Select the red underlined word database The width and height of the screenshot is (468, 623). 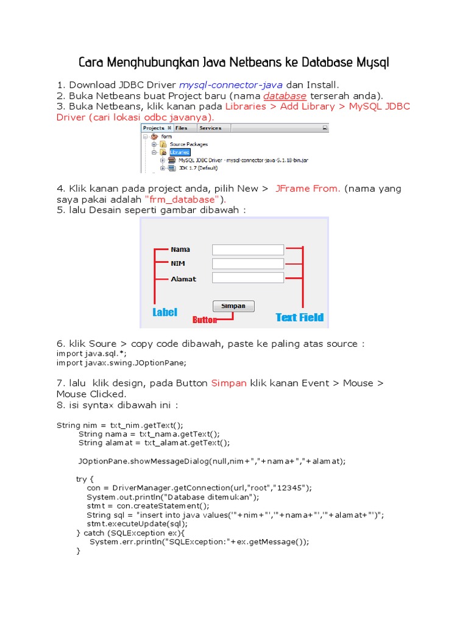(285, 96)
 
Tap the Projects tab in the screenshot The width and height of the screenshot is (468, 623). (154, 128)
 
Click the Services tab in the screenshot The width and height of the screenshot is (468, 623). (210, 128)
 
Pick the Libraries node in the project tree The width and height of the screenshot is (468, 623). (180, 152)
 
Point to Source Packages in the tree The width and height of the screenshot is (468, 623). (188, 144)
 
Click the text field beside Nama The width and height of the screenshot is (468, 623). (247, 249)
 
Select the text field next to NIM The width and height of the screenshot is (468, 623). (247, 263)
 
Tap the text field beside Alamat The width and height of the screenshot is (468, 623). (247, 277)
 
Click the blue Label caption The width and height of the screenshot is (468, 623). (165, 312)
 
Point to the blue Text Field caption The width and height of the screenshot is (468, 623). (299, 317)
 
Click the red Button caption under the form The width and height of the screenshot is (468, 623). (205, 319)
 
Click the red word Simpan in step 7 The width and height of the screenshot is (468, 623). (229, 383)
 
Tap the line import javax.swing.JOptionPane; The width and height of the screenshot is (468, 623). (121, 363)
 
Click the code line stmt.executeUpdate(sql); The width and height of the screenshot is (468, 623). (137, 523)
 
